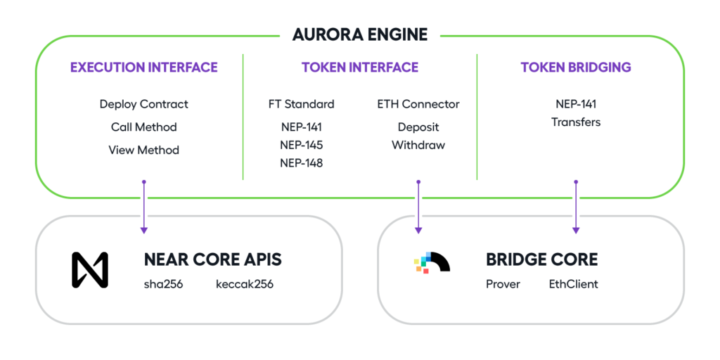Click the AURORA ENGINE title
click(359, 34)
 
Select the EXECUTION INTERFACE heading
click(143, 67)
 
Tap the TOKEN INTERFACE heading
click(360, 67)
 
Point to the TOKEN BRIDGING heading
click(576, 67)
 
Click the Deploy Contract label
click(143, 104)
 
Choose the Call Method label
click(143, 127)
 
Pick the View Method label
click(143, 150)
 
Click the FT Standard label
click(301, 104)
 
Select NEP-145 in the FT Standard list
click(301, 145)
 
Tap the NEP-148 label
click(301, 163)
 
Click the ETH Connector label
click(418, 104)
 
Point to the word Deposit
click(418, 127)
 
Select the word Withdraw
click(418, 145)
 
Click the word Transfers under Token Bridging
click(576, 122)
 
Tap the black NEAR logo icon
click(90, 270)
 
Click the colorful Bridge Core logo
click(432, 262)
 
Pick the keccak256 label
click(245, 284)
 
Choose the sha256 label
click(164, 284)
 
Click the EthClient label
click(574, 284)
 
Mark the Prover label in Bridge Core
click(503, 284)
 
